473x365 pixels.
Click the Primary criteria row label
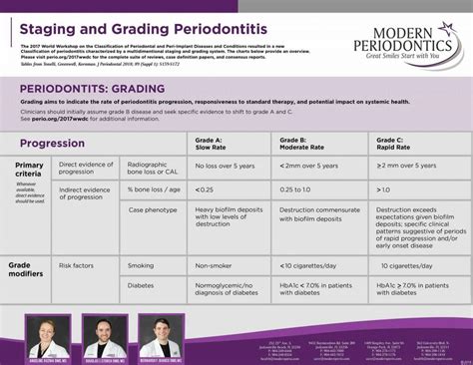29,170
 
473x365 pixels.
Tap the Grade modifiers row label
27,270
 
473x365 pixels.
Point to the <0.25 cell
205,188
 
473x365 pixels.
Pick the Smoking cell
141,266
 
